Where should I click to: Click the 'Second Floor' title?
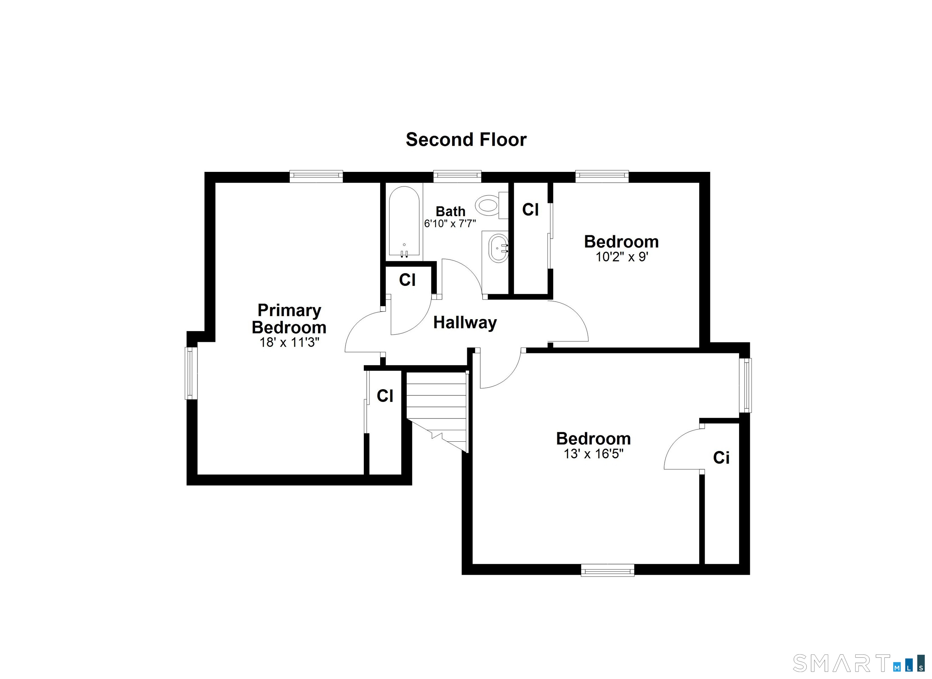[x=466, y=140]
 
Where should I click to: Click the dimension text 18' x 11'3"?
[x=289, y=342]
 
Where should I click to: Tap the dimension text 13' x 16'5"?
[x=593, y=454]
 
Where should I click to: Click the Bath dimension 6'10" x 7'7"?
[x=450, y=224]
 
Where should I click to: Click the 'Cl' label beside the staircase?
[x=385, y=396]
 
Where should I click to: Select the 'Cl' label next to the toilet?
[x=530, y=210]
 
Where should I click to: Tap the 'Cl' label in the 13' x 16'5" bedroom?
[x=721, y=457]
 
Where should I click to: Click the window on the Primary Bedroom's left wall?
[x=191, y=373]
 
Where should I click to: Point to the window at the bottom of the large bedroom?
[x=607, y=570]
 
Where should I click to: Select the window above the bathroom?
[x=457, y=176]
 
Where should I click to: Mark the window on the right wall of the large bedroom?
[x=745, y=385]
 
